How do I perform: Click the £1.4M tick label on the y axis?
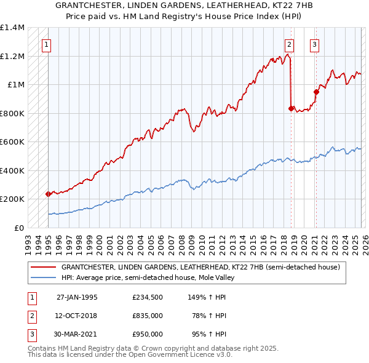(x=12, y=28)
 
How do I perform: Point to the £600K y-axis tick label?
(x=12, y=142)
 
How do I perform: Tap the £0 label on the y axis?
(x=18, y=228)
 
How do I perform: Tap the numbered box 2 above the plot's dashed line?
(x=289, y=44)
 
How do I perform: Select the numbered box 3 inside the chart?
(x=314, y=44)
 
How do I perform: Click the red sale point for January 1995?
(x=49, y=194)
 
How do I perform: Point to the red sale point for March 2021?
(x=315, y=92)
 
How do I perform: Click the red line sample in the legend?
(x=44, y=267)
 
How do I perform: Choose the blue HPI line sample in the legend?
(x=44, y=277)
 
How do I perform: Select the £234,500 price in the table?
(x=148, y=297)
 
